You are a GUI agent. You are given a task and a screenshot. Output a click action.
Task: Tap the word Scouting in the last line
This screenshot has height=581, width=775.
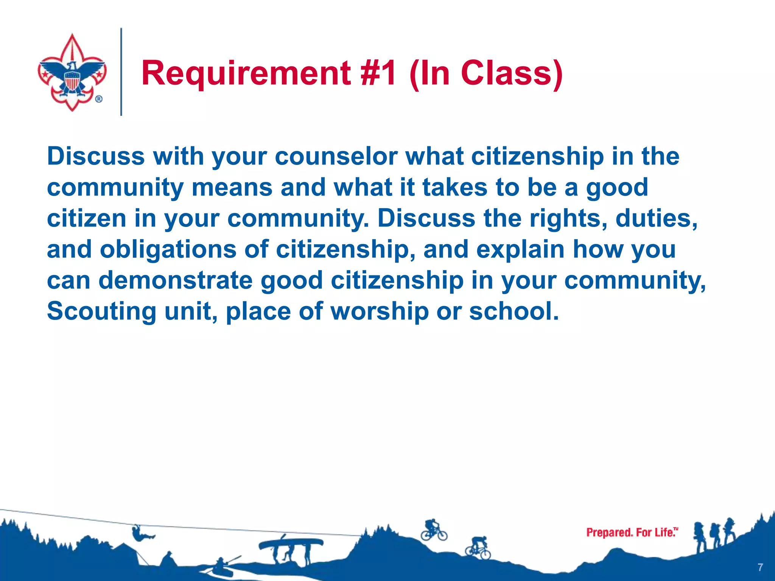tap(101, 311)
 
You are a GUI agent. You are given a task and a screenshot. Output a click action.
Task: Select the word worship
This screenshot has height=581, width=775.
tap(380, 311)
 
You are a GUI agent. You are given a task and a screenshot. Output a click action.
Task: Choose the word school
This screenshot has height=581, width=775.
tap(514, 311)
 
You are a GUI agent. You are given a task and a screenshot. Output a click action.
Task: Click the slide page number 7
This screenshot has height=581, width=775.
tap(760, 567)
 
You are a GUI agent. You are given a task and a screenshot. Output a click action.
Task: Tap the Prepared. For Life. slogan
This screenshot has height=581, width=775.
tap(632, 533)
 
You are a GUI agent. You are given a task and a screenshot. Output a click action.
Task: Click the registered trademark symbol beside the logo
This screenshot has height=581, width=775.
tap(98, 99)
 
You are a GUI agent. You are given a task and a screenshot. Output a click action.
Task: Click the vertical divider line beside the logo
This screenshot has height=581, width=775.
tap(121, 72)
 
